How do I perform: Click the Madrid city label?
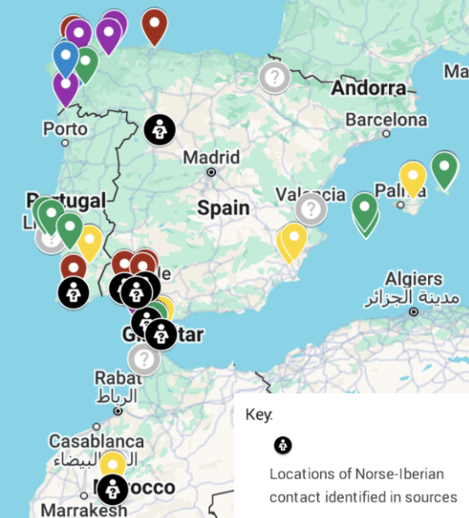[211, 158]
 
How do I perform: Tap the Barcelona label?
[386, 120]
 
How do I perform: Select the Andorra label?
[368, 88]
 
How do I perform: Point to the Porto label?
[65, 129]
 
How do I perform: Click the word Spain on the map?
[223, 208]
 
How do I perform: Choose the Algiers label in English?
[414, 279]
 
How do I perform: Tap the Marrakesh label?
[84, 510]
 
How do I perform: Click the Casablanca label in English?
[96, 441]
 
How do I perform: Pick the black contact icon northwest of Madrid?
[159, 129]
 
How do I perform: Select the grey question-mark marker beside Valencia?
[311, 209]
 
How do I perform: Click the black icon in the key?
[283, 445]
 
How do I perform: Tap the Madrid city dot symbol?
[212, 173]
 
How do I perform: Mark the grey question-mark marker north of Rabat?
[144, 359]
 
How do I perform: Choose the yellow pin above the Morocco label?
[113, 464]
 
